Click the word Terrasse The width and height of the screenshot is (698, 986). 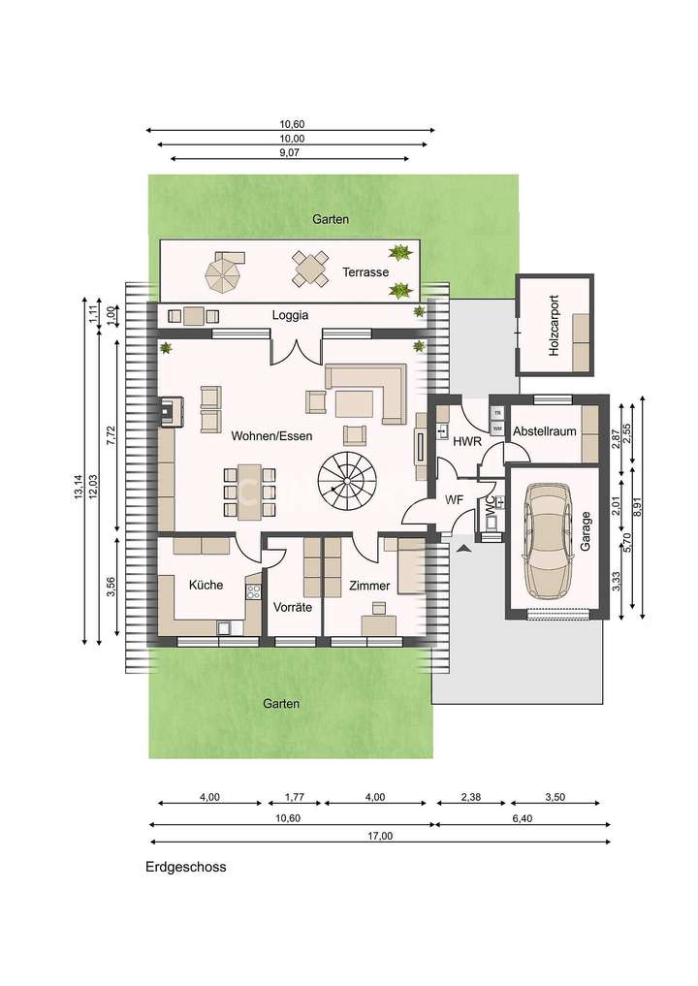click(365, 272)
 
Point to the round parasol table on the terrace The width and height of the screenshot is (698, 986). click(224, 270)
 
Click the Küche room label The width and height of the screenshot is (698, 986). click(206, 585)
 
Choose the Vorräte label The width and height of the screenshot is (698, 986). click(293, 609)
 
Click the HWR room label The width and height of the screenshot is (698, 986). click(467, 441)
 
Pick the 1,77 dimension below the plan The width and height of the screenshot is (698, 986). click(294, 797)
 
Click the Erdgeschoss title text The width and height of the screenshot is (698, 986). click(186, 868)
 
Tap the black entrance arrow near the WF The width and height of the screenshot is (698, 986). click(462, 548)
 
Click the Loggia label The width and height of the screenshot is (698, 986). click(290, 315)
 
